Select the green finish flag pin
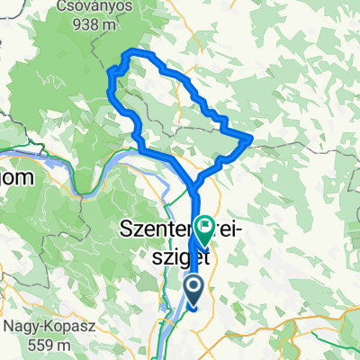tap(205, 229)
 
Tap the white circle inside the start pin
tap(193, 285)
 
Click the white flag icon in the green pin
tap(205, 226)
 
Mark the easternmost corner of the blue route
tap(249, 138)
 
